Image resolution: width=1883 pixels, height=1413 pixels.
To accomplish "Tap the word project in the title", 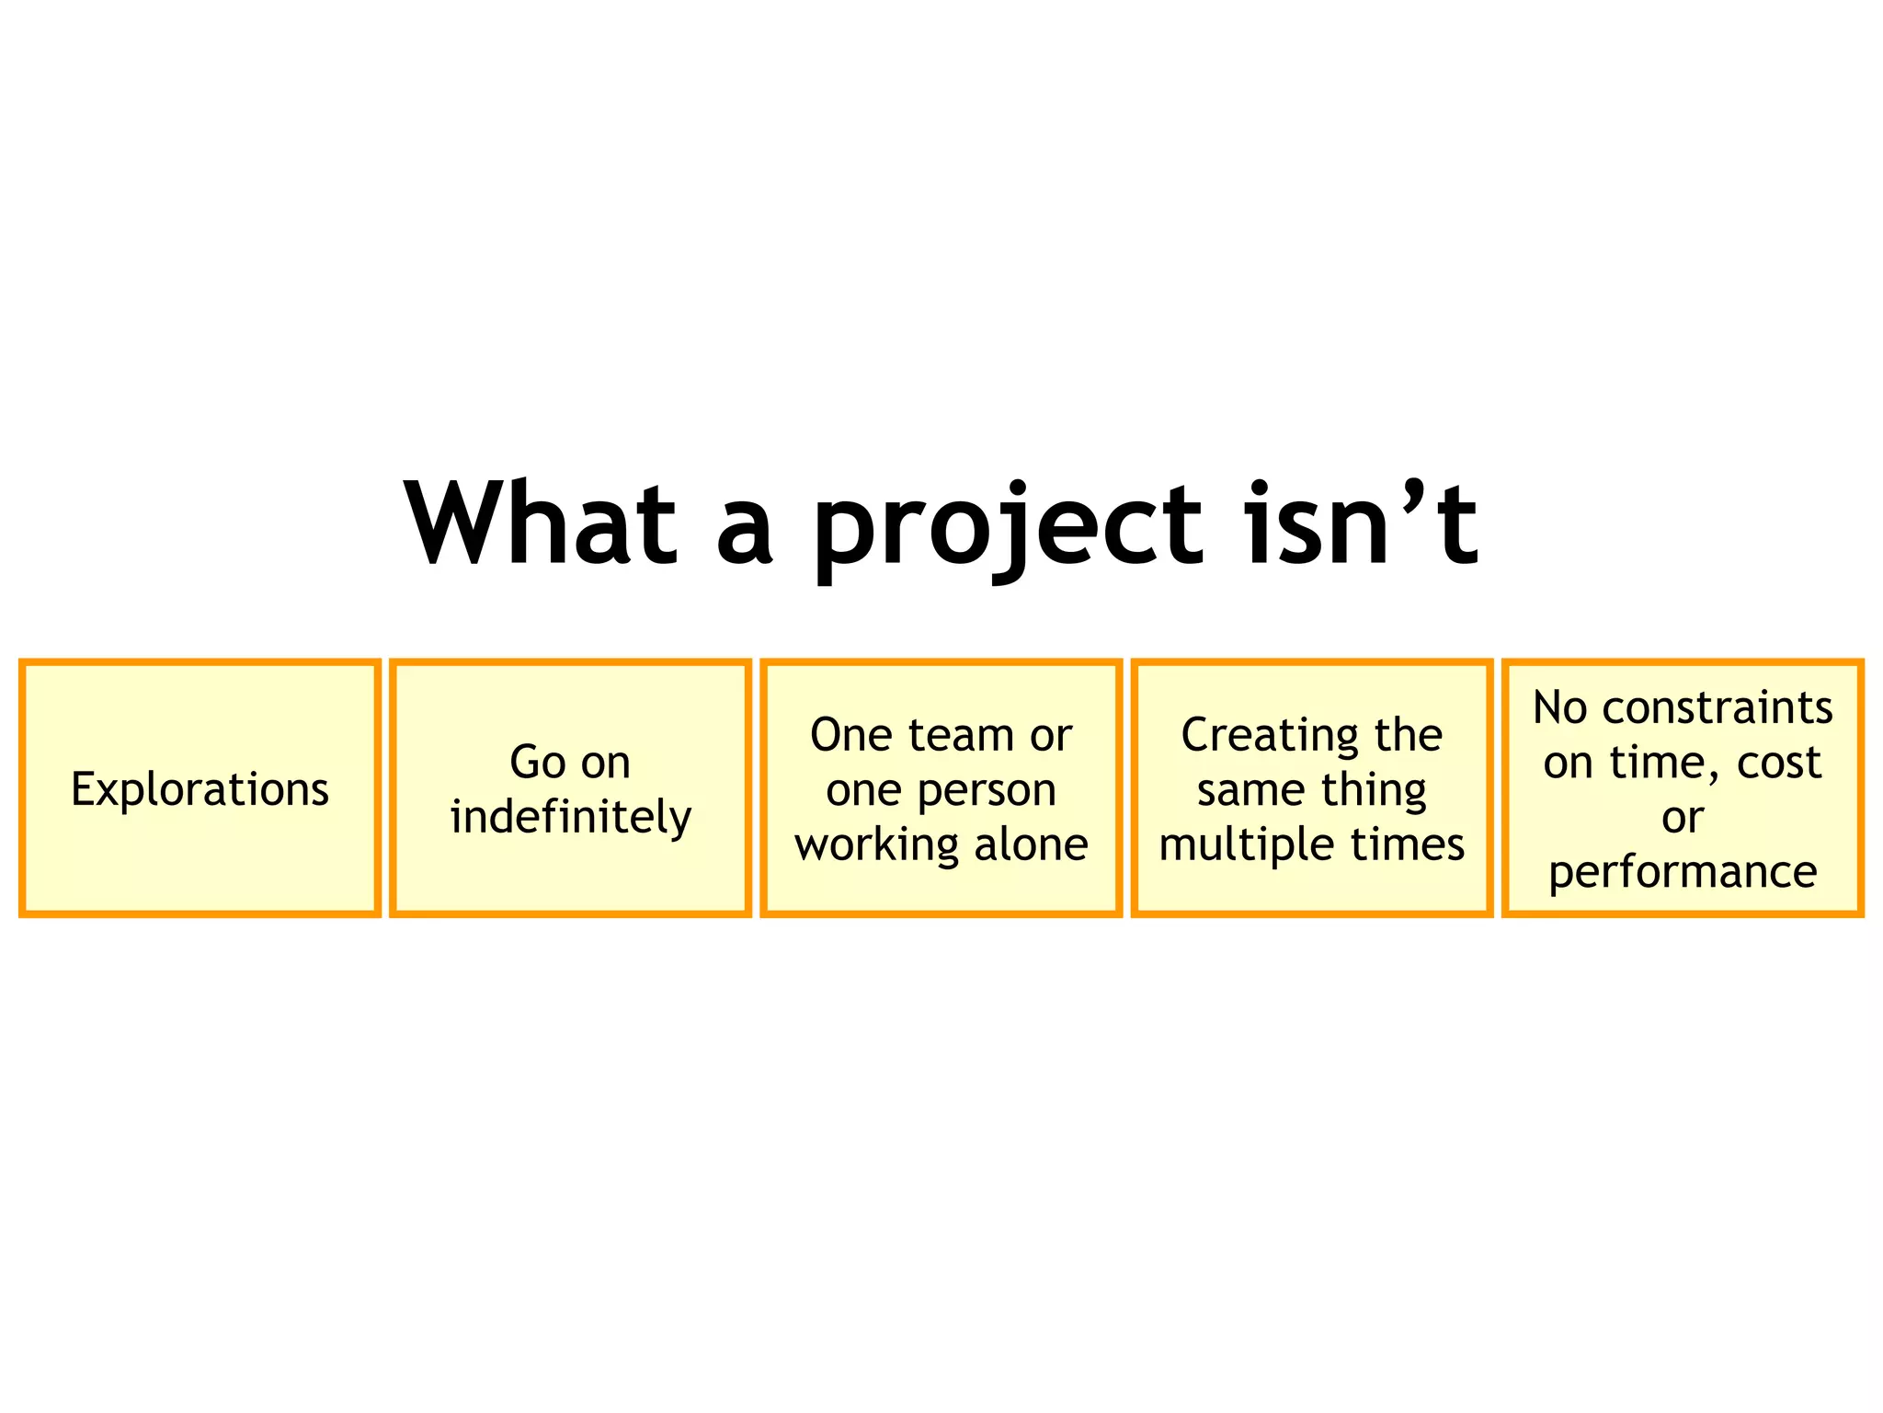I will pos(1008,529).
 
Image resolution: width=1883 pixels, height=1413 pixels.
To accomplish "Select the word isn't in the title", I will pos(1361,524).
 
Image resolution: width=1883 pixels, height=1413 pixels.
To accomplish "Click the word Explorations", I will pos(200,789).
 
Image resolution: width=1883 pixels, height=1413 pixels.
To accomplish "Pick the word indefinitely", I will pos(570,817).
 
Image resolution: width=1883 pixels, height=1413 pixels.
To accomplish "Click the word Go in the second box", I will pos(537,763).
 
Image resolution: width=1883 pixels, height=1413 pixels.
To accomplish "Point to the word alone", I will pos(1031,844).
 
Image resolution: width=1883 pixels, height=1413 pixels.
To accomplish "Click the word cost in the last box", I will pos(1778,763).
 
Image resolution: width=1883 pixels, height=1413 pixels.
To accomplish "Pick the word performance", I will pos(1683,872).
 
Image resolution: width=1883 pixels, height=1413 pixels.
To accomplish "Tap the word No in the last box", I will pos(1559,708).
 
